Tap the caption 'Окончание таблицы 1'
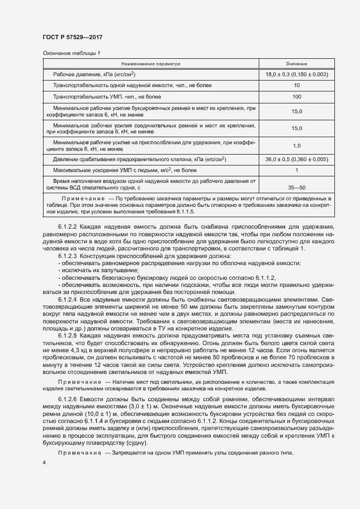(x=71, y=53)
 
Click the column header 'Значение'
(x=296, y=64)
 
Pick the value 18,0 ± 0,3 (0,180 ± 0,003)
(x=296, y=74)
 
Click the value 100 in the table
(x=296, y=97)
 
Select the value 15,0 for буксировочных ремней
(x=296, y=112)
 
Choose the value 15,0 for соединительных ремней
(x=296, y=128)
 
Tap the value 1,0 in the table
(x=296, y=145)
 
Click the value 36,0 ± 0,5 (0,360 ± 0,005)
(x=296, y=159)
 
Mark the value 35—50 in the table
(x=296, y=186)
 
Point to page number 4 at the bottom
(x=44, y=462)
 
